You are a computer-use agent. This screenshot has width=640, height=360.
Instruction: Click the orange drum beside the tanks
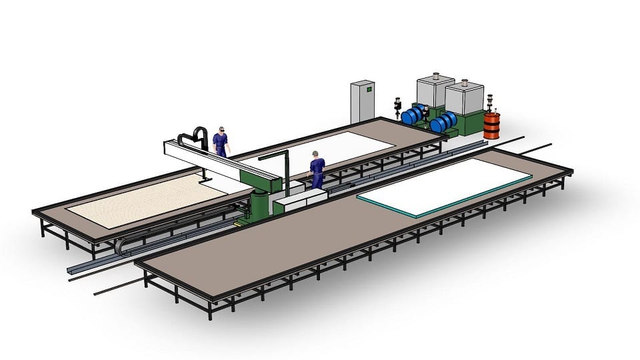pos(491,125)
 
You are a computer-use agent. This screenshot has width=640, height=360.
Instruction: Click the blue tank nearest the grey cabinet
pos(413,115)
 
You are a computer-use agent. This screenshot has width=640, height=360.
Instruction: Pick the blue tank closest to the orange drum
pos(443,121)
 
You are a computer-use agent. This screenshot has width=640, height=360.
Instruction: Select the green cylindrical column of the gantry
pos(258,204)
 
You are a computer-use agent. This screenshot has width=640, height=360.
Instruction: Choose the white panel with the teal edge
pos(445,186)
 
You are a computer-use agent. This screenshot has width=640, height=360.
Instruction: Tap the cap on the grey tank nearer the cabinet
pos(435,76)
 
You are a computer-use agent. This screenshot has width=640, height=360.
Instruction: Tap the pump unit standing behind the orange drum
pos(492,103)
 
